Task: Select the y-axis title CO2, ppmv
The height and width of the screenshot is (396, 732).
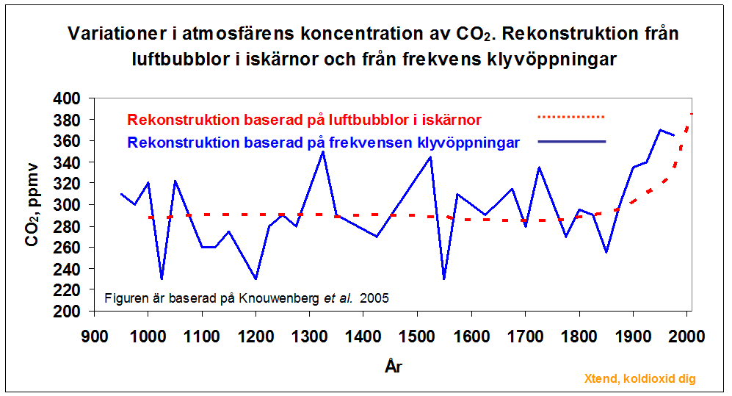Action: click(32, 205)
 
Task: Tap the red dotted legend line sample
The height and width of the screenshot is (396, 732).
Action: click(570, 117)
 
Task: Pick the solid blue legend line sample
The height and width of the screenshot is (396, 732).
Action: click(570, 141)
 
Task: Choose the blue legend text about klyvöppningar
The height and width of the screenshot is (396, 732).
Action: click(323, 142)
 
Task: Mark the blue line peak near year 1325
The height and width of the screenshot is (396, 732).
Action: click(322, 151)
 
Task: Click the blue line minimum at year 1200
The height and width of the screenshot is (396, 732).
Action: click(256, 278)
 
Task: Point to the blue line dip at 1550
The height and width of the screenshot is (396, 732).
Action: click(444, 278)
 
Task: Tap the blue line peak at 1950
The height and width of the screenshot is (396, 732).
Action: click(659, 130)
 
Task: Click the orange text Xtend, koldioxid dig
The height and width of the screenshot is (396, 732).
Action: click(639, 379)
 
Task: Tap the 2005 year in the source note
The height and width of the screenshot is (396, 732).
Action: click(374, 298)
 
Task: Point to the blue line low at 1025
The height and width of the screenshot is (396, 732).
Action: click(162, 278)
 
